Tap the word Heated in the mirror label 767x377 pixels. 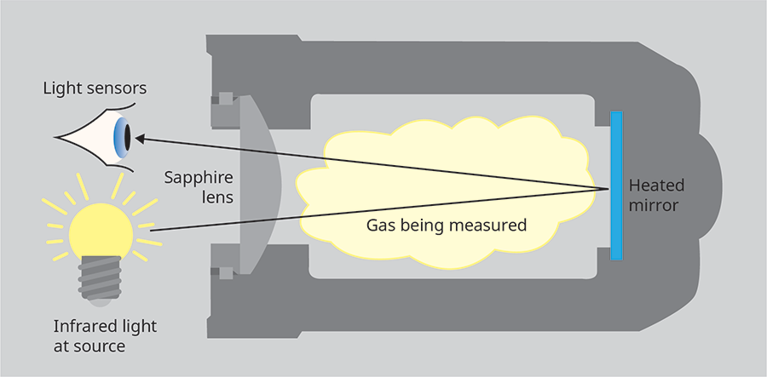656,185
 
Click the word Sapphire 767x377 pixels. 199,178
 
